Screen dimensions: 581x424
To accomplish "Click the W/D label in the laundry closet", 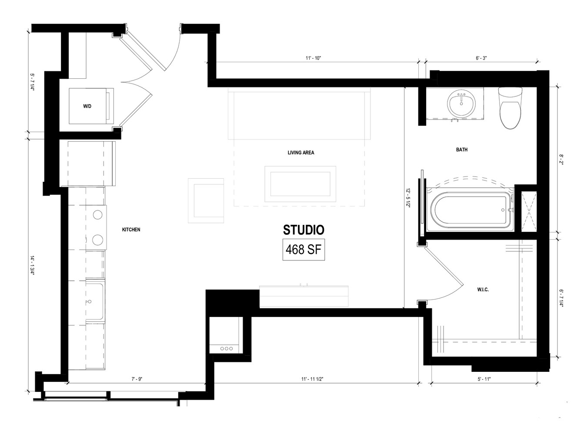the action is [x=87, y=106].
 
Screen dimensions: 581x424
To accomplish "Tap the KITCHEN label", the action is [x=131, y=230].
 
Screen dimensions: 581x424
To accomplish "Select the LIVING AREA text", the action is [x=301, y=153].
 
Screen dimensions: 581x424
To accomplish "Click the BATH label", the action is [x=462, y=150].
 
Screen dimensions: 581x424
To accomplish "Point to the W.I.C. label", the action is [x=483, y=290].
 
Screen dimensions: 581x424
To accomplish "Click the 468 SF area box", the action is [x=304, y=250].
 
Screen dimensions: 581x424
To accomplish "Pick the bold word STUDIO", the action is [x=304, y=230].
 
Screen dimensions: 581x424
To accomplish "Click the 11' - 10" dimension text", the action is [x=313, y=58].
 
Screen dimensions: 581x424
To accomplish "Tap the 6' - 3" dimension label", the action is [x=481, y=58].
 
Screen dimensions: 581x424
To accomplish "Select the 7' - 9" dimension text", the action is [x=137, y=379].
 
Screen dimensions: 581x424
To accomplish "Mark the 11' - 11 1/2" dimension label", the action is [x=312, y=379].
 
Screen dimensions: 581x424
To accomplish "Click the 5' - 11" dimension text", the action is [x=484, y=379].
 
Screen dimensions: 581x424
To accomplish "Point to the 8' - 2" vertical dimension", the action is [x=561, y=160].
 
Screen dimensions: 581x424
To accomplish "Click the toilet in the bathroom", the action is [x=510, y=107].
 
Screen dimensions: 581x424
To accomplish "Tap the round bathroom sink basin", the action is [x=461, y=104].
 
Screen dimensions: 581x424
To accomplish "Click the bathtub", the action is [x=470, y=210].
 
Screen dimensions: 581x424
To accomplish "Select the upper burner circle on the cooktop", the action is [x=97, y=215].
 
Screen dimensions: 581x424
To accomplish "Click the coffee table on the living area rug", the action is [x=300, y=184].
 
